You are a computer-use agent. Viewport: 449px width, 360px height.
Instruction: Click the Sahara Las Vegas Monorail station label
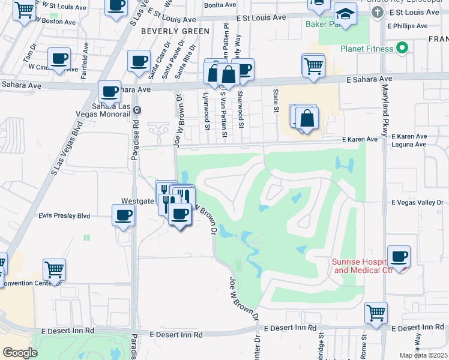point(106,111)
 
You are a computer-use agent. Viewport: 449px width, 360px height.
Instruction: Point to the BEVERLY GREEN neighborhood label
point(175,31)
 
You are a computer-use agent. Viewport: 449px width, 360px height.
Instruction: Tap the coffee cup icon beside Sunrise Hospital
point(399,257)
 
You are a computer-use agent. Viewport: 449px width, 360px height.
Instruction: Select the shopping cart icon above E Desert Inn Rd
point(376,313)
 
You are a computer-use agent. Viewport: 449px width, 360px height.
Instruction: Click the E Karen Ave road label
point(360,139)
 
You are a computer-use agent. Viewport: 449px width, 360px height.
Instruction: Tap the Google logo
point(20,352)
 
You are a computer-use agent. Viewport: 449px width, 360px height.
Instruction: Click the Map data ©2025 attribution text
point(424,355)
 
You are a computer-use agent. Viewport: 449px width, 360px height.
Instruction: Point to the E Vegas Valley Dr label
point(417,203)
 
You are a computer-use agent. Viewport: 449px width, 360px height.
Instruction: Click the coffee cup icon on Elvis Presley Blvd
point(124,215)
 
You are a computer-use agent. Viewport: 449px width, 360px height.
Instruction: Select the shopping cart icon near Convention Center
point(54,269)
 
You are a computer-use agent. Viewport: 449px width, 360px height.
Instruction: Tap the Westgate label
point(137,201)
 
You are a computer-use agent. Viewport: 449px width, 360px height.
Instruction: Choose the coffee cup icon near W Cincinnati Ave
point(59,59)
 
